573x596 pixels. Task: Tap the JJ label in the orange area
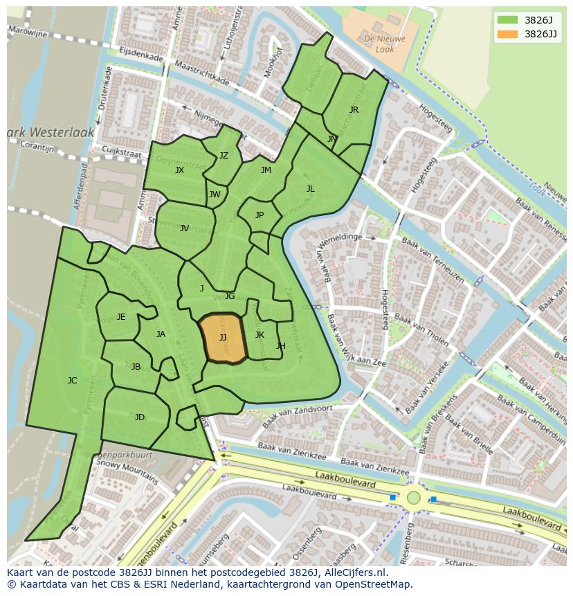[x=223, y=338]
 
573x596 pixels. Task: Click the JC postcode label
[x=72, y=381]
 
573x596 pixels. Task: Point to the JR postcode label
[x=354, y=110]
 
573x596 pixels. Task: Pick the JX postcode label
[x=179, y=170]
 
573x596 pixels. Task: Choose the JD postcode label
[x=140, y=417]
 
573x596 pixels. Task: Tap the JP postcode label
[x=260, y=215]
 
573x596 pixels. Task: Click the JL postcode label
[x=311, y=189]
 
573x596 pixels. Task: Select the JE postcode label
[x=121, y=317]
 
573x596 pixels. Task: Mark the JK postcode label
[x=260, y=335]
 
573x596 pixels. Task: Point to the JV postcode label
[x=184, y=228]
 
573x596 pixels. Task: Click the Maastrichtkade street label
[x=201, y=73]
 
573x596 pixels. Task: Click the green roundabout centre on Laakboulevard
[x=413, y=497]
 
